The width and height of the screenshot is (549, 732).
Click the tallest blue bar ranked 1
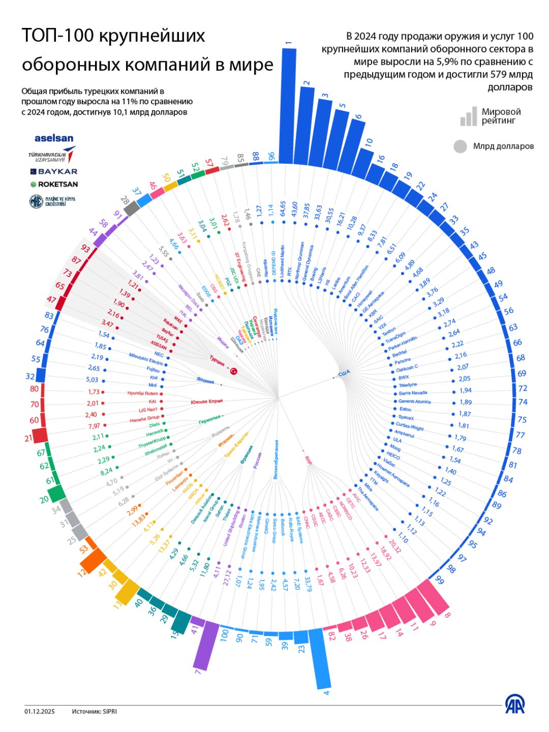click(288, 105)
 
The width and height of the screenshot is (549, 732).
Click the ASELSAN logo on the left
click(54, 139)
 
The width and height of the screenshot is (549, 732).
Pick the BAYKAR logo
click(54, 172)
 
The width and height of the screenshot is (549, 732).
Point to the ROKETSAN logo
click(54, 184)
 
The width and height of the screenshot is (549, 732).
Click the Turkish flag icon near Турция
click(234, 371)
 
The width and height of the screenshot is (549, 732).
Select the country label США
click(344, 374)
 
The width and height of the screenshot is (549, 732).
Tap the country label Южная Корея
click(206, 402)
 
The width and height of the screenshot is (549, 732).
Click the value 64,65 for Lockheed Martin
click(283, 208)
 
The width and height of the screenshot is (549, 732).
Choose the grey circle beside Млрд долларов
click(460, 146)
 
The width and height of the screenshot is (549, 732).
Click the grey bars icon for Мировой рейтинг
click(469, 116)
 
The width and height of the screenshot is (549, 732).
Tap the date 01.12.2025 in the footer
click(40, 711)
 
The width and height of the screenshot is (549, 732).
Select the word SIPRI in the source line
click(110, 711)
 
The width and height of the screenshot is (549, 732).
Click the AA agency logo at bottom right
click(515, 705)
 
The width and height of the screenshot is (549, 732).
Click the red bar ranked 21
click(39, 435)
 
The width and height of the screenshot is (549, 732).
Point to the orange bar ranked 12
click(94, 561)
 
